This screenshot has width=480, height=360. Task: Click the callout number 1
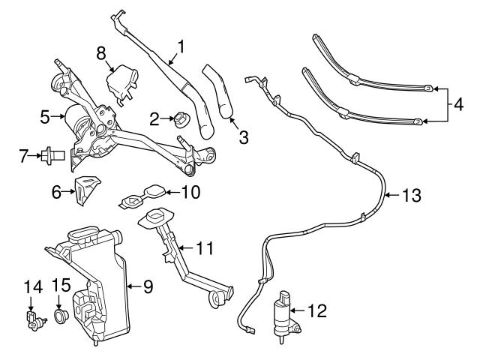(179, 49)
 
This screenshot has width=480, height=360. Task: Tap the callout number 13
(411, 196)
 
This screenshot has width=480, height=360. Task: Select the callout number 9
(148, 286)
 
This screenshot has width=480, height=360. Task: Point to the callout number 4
(459, 103)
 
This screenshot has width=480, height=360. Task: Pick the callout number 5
(44, 117)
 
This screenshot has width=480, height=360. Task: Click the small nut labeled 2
(180, 119)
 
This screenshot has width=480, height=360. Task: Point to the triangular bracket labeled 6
(87, 190)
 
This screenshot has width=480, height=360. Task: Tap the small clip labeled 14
(32, 319)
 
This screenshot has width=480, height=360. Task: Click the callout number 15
(61, 285)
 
